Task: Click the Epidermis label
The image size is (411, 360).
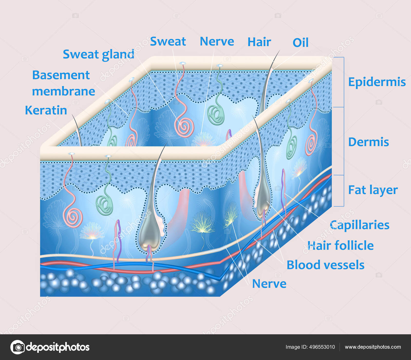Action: (x=377, y=82)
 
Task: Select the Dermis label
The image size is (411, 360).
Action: (x=368, y=142)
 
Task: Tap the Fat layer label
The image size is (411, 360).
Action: (x=373, y=190)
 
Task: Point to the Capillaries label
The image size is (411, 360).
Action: (x=359, y=225)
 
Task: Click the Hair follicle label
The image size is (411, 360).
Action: (x=340, y=246)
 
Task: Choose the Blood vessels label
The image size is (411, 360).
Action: (x=325, y=265)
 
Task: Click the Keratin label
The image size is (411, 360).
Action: (x=46, y=110)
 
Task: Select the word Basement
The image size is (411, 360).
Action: (x=61, y=75)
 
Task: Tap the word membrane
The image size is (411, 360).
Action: (x=63, y=91)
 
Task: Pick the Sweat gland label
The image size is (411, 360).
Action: (x=98, y=54)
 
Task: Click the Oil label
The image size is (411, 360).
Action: (x=300, y=43)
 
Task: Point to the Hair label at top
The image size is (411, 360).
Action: (x=259, y=42)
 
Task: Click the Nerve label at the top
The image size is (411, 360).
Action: (x=217, y=41)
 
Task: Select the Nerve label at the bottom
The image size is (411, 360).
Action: (x=269, y=284)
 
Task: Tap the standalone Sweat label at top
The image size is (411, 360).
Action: (x=168, y=41)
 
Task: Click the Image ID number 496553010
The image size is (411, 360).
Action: (x=322, y=347)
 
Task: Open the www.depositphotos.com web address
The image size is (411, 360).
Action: (x=373, y=347)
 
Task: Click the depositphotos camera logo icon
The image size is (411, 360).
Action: (x=17, y=347)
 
